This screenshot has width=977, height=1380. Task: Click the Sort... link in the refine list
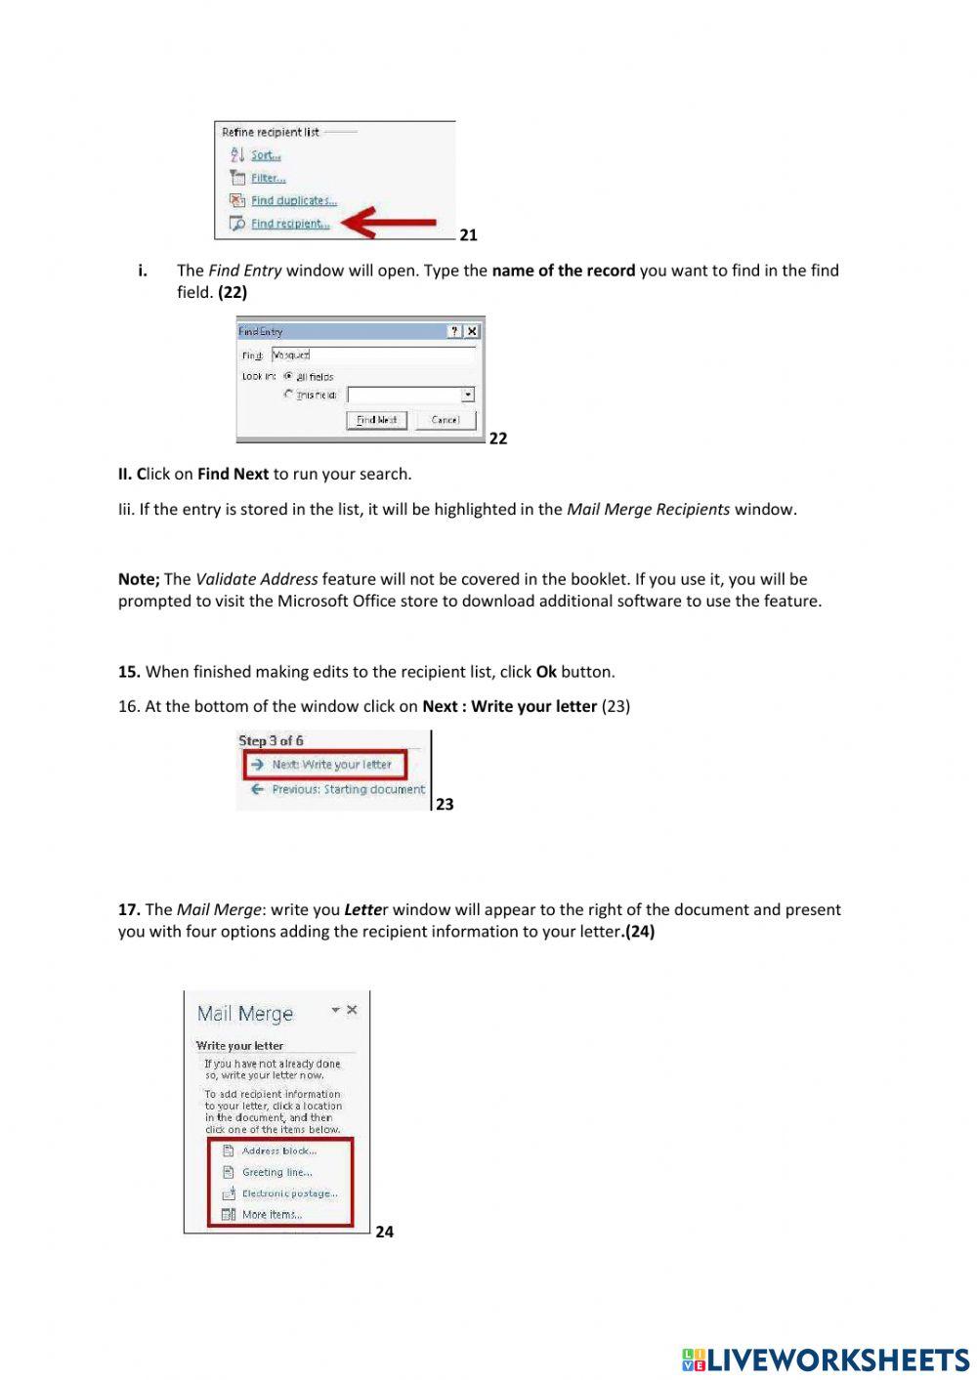(265, 155)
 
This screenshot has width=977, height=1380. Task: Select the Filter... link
(268, 178)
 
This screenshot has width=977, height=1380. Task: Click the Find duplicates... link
(293, 200)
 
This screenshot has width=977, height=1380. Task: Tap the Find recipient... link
(289, 224)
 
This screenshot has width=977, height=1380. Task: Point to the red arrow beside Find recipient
(391, 224)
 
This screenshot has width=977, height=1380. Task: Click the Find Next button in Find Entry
(376, 420)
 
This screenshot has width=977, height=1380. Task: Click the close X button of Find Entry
(472, 331)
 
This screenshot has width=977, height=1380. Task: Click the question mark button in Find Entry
(454, 331)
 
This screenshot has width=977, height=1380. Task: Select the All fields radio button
(288, 376)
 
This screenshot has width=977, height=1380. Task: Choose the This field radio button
(288, 395)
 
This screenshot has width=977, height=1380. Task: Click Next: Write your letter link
(331, 765)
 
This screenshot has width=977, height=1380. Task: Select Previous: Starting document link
(348, 789)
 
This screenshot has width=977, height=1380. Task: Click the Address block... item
(278, 1150)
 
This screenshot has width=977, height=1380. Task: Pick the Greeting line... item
(276, 1172)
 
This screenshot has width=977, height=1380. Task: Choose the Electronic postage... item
(289, 1193)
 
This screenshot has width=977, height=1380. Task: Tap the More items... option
(272, 1215)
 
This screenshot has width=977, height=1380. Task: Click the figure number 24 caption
(384, 1232)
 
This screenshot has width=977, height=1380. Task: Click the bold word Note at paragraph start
(138, 579)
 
